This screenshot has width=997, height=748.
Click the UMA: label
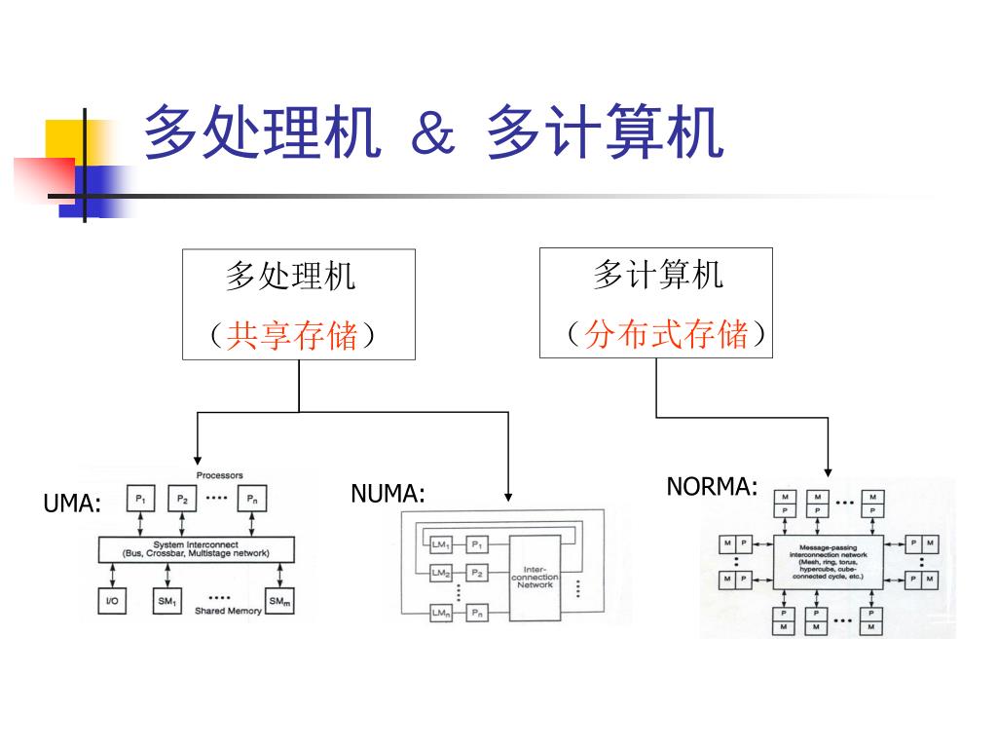[73, 504]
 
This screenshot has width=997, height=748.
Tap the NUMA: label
[388, 494]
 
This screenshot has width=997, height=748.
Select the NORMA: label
[712, 487]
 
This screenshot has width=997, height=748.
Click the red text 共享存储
[292, 336]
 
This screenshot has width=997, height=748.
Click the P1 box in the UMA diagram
[140, 500]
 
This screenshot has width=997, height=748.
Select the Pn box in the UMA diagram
[251, 500]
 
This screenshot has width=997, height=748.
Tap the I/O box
[113, 601]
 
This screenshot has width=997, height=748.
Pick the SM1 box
[167, 602]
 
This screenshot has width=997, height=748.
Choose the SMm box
[279, 602]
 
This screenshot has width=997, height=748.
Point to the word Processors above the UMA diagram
[220, 475]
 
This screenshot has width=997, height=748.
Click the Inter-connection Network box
[535, 578]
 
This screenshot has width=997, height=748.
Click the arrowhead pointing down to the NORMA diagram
[828, 472]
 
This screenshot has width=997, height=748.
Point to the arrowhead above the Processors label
[198, 461]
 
